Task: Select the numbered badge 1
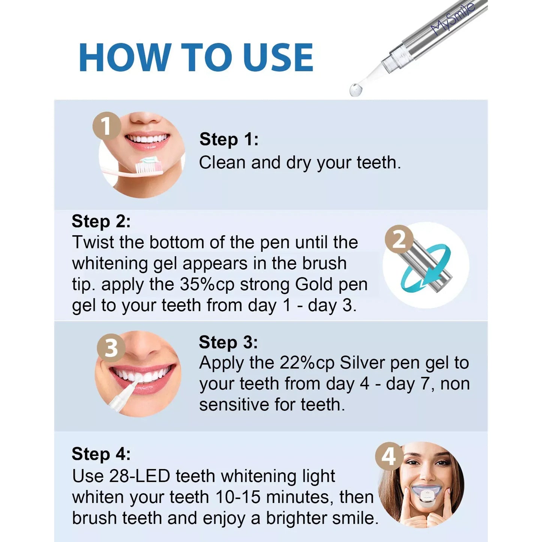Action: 107,126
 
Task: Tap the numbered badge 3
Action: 111,348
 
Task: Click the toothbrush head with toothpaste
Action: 149,165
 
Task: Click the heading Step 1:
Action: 229,139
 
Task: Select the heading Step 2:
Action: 101,221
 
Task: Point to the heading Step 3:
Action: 228,342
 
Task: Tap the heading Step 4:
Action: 101,454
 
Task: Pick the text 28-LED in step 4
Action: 140,476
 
